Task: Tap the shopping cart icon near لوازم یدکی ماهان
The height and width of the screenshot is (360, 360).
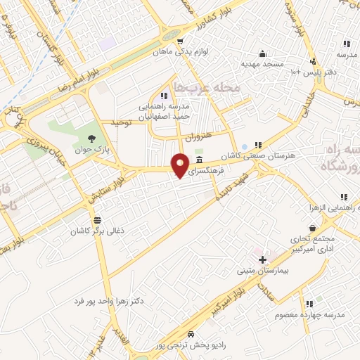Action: click(181, 40)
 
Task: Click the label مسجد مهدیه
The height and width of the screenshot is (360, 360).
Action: click(262, 64)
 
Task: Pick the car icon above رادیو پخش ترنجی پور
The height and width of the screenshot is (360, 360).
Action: click(192, 334)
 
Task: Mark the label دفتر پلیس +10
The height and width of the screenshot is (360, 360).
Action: click(307, 72)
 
